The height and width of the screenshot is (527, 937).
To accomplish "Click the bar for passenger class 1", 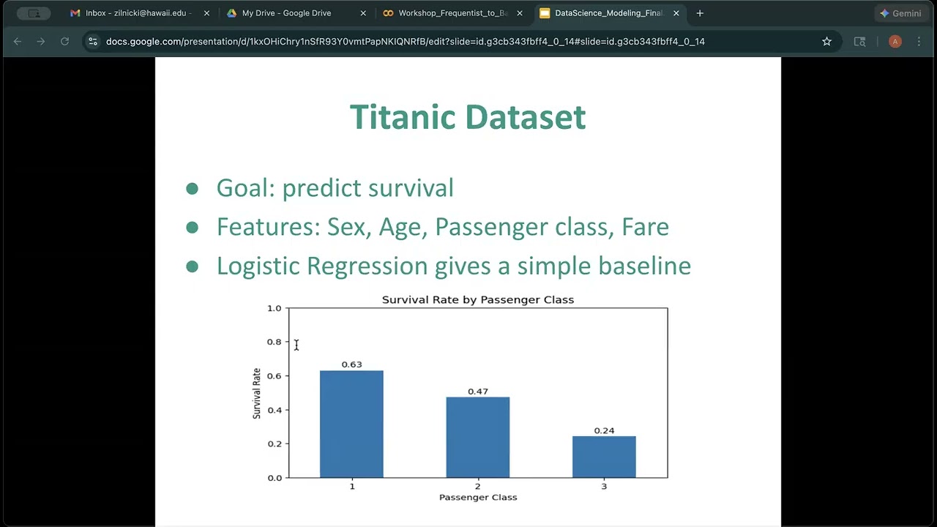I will point(351,425).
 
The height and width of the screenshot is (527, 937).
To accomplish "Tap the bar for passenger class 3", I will point(604,457).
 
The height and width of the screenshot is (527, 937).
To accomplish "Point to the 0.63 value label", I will point(351,365).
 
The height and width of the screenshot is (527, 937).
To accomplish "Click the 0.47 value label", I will point(478,392).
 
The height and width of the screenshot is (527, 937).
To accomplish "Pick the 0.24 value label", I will point(604,431).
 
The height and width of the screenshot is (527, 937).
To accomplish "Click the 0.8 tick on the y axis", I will point(275,342).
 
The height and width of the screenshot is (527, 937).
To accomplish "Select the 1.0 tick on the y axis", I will point(275,308).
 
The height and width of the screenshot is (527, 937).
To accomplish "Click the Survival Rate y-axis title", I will point(257,393).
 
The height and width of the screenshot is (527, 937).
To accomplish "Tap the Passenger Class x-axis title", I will point(478,498).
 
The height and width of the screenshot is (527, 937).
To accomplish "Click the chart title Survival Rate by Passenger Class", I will point(478,300).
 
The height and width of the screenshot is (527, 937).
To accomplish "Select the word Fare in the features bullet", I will point(645,227).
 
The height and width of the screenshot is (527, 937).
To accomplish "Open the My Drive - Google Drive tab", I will point(286,13).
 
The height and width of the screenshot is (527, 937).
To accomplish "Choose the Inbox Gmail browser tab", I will point(135,13).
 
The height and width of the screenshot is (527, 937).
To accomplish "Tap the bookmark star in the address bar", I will point(826,42).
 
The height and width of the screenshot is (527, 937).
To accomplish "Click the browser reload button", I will point(64,42).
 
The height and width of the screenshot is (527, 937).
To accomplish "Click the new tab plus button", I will point(700,13).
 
